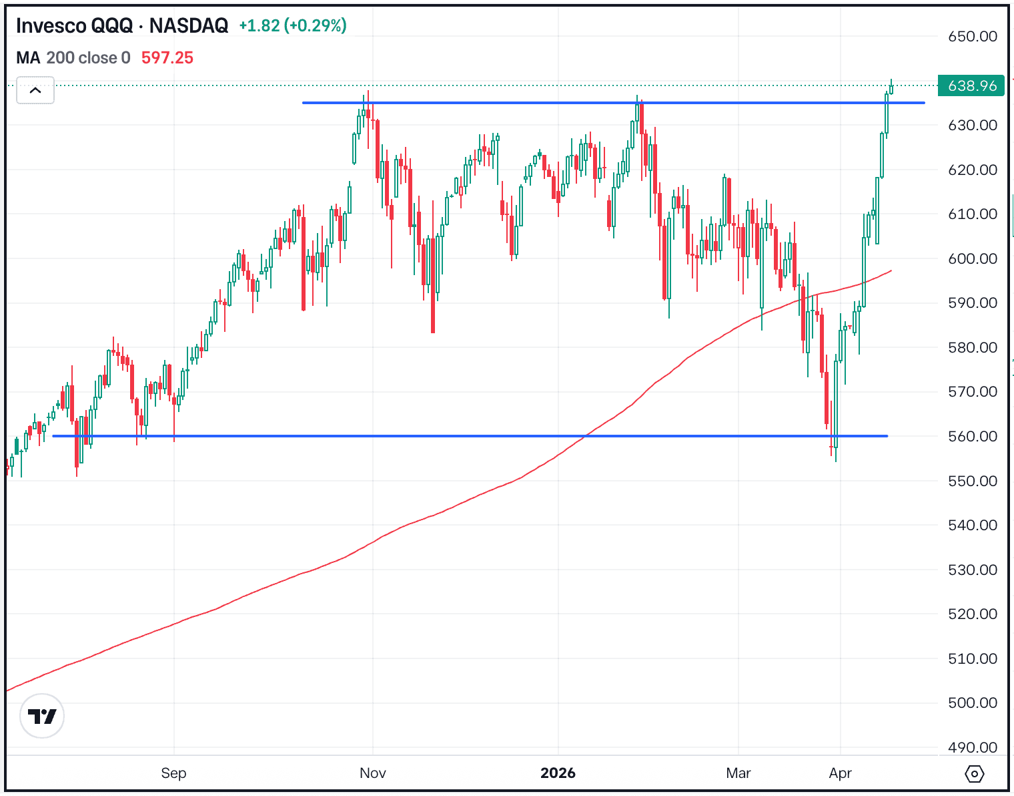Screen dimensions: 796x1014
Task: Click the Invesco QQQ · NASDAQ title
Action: pyautogui.click(x=122, y=26)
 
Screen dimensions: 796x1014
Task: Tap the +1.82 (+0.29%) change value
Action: pyautogui.click(x=293, y=26)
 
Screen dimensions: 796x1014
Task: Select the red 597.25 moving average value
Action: pyautogui.click(x=167, y=58)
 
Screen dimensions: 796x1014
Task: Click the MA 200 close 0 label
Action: pyautogui.click(x=73, y=58)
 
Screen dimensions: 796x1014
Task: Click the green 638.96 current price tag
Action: pyautogui.click(x=971, y=85)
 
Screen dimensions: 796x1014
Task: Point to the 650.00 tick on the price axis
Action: pyautogui.click(x=973, y=37)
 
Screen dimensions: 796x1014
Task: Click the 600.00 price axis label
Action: pyautogui.click(x=973, y=258)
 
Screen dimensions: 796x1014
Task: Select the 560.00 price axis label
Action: pyautogui.click(x=973, y=436)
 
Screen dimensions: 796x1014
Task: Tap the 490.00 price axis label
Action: pyautogui.click(x=973, y=747)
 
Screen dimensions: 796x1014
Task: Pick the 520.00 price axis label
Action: pyautogui.click(x=973, y=614)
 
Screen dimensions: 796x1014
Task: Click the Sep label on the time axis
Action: pyautogui.click(x=173, y=773)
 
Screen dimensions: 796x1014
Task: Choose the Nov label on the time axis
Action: pyautogui.click(x=372, y=773)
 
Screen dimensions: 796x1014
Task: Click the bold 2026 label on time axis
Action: pyautogui.click(x=558, y=773)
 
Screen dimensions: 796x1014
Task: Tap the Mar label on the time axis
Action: pyautogui.click(x=738, y=773)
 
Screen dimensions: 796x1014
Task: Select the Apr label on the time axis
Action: pyautogui.click(x=840, y=773)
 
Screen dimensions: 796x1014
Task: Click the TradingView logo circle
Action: pyautogui.click(x=42, y=717)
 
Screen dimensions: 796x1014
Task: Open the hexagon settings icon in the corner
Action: pyautogui.click(x=975, y=774)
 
